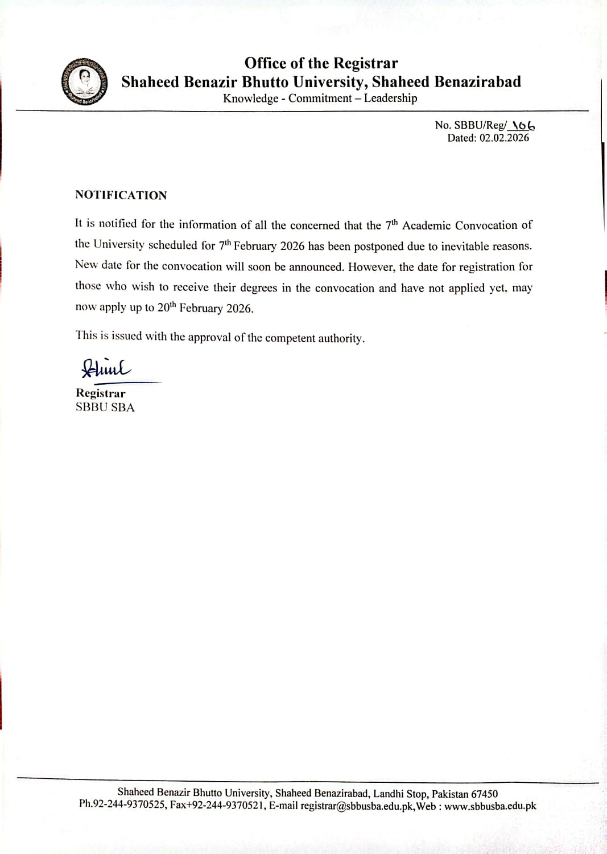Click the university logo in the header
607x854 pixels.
pyautogui.click(x=85, y=81)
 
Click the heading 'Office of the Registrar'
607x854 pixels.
pyautogui.click(x=321, y=63)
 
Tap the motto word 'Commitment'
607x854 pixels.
pyautogui.click(x=320, y=98)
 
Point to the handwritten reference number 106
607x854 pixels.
pyautogui.click(x=523, y=125)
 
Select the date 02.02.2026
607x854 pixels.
pyautogui.click(x=504, y=138)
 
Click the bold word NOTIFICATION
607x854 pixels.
pyautogui.click(x=121, y=195)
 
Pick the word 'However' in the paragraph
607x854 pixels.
pyautogui.click(x=371, y=267)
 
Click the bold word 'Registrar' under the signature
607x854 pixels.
pyautogui.click(x=101, y=393)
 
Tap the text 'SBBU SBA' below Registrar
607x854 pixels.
pyautogui.click(x=105, y=408)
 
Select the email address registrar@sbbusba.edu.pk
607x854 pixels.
pyautogui.click(x=357, y=806)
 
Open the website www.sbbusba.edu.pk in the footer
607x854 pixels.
pyautogui.click(x=490, y=806)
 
